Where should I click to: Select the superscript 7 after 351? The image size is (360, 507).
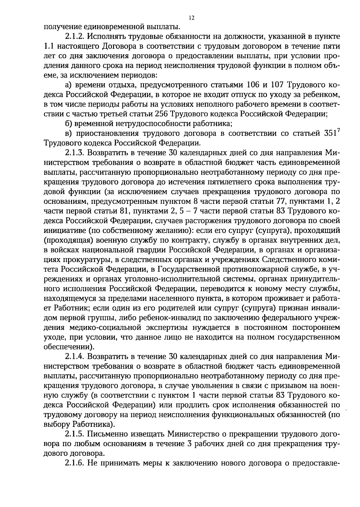(338, 131)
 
